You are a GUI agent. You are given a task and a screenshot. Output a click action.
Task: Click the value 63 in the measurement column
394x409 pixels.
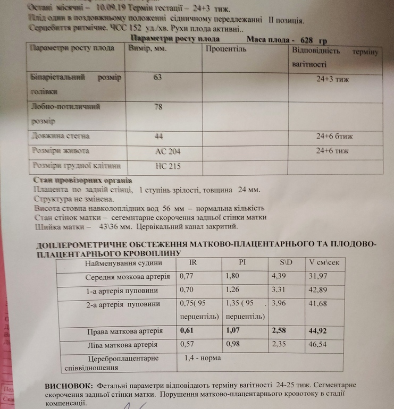(157, 78)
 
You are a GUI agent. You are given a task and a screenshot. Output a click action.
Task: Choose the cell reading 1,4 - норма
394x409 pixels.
(202, 358)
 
